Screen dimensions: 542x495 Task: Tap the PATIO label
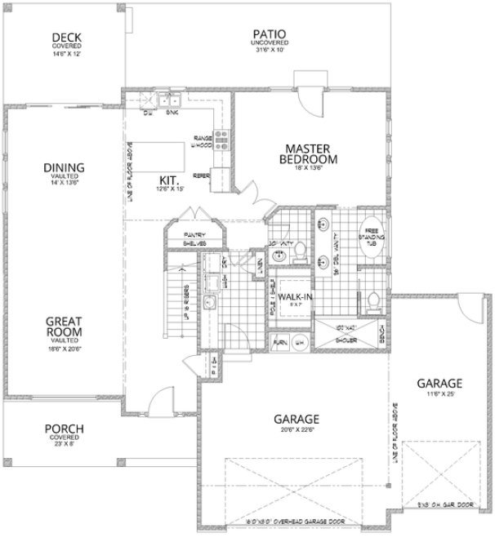pyautogui.click(x=272, y=34)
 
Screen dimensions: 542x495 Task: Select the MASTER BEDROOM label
pyautogui.click(x=306, y=153)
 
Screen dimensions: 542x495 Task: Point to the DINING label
pyautogui.click(x=64, y=169)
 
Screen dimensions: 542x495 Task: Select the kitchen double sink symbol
pyautogui.click(x=171, y=102)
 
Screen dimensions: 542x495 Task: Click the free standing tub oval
pyautogui.click(x=372, y=239)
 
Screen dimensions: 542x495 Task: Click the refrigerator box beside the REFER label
pyautogui.click(x=219, y=178)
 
